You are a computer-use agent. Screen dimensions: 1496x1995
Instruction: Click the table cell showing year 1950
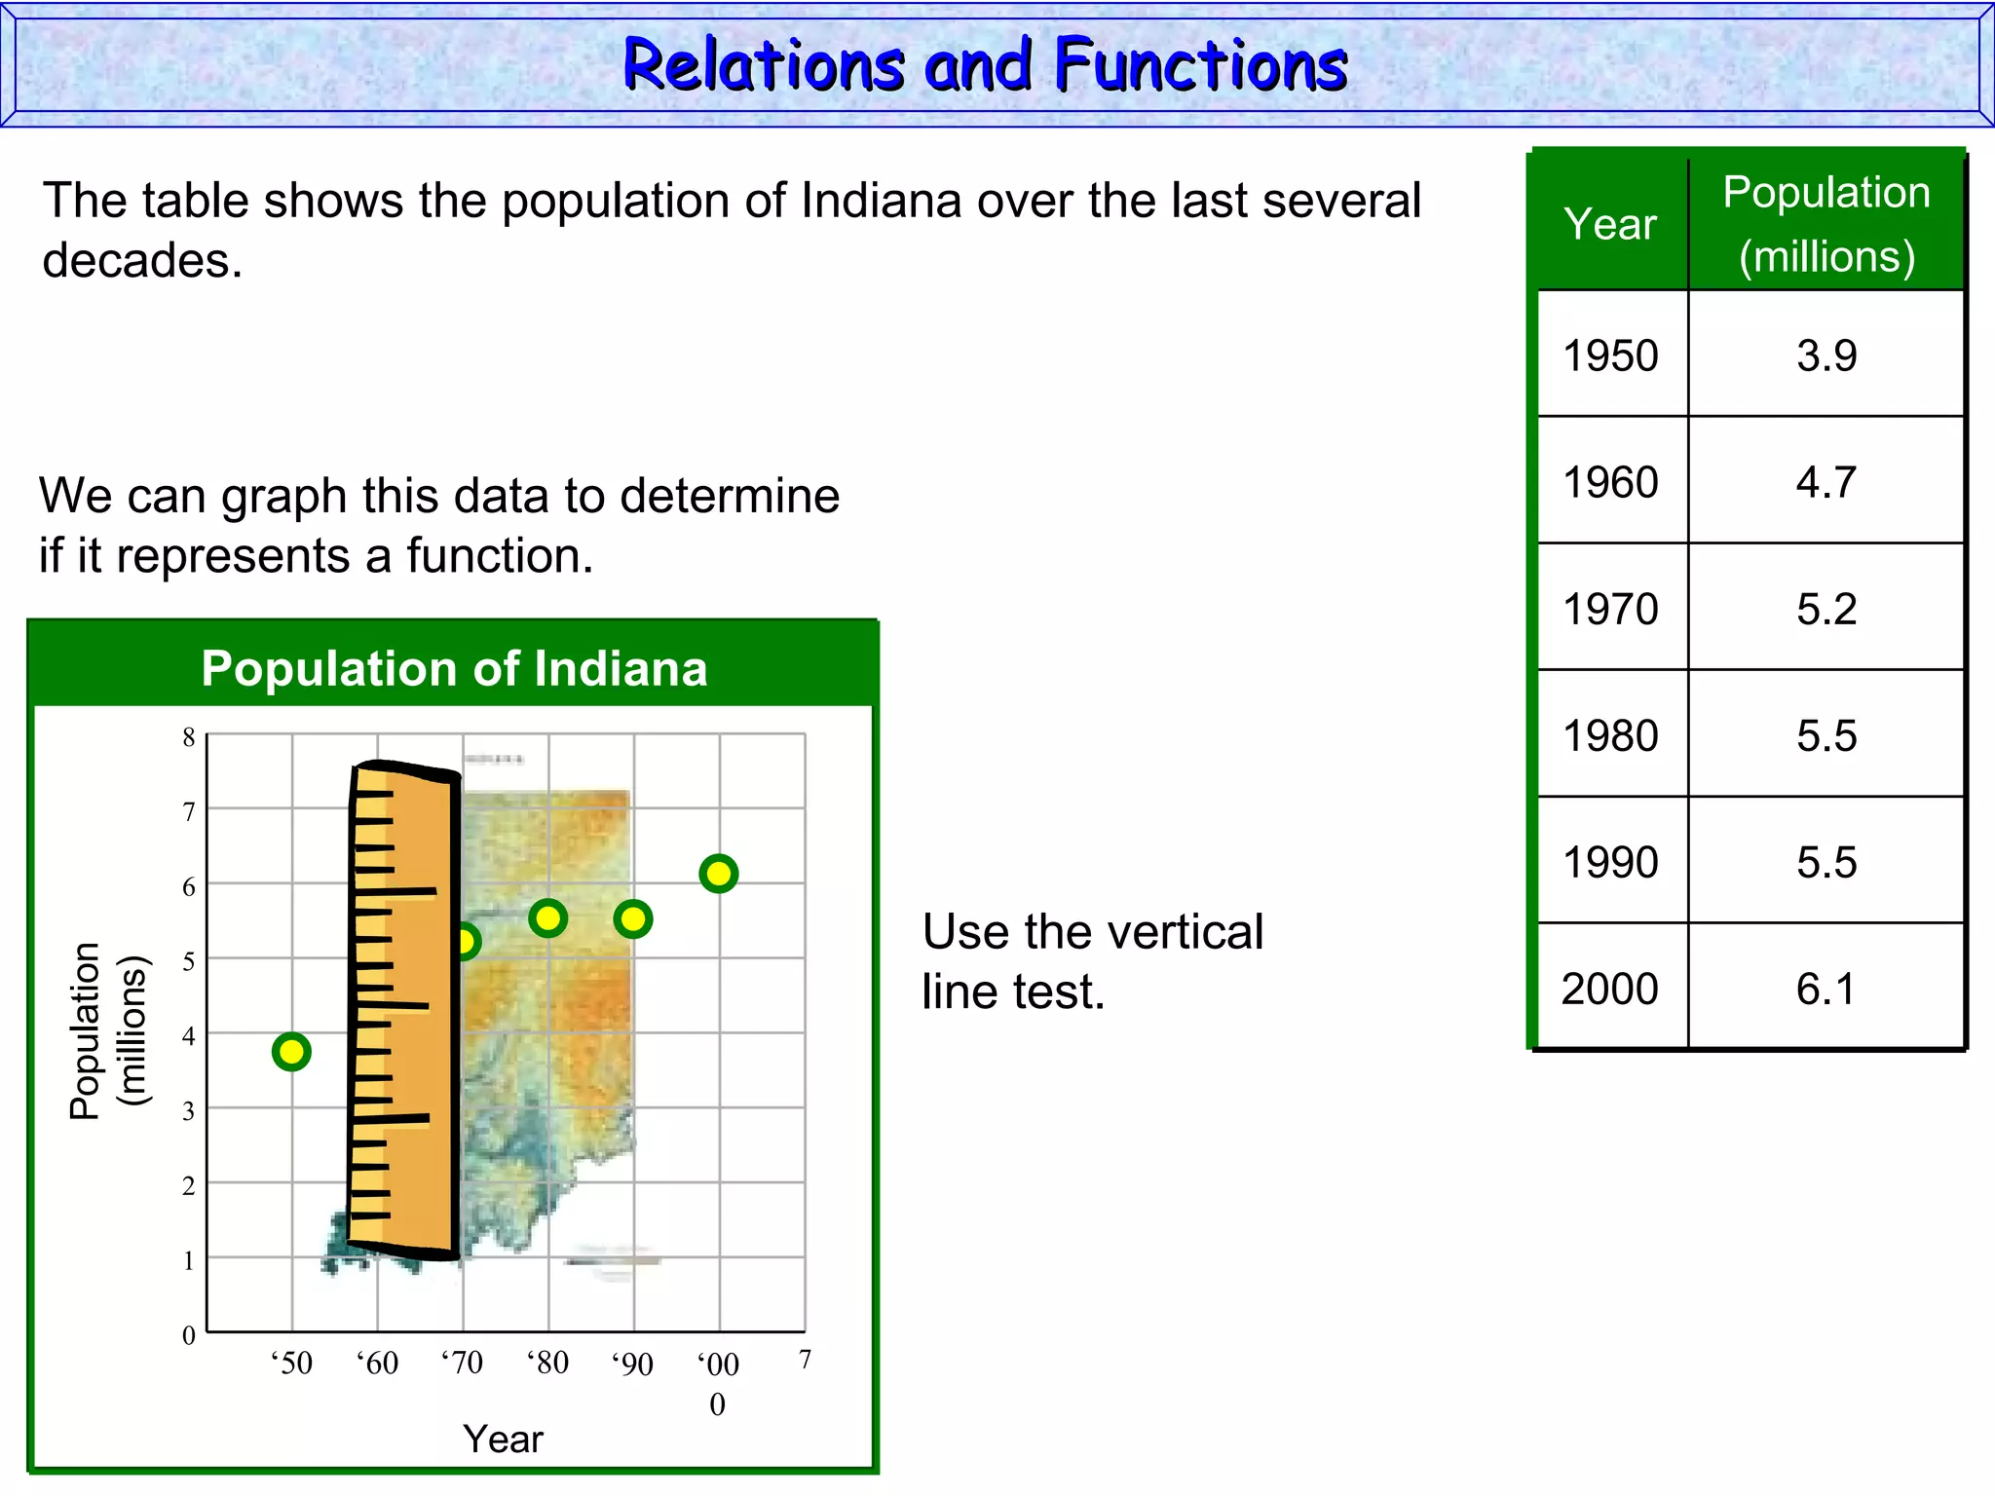(1610, 355)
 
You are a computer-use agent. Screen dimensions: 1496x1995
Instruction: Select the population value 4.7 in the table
(1826, 482)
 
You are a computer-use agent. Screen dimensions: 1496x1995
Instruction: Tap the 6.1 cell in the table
(1826, 989)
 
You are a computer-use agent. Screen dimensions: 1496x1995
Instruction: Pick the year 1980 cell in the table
(1610, 735)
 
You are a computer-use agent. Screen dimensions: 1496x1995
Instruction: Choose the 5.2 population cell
(1826, 609)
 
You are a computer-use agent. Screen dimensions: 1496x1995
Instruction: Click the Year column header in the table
(1610, 224)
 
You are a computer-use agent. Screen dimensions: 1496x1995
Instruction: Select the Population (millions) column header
(1826, 224)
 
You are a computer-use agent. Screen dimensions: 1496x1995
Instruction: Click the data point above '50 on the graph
(291, 1051)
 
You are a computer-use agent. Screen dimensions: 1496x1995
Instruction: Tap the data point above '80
(548, 917)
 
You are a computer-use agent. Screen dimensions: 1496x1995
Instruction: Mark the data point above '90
(633, 918)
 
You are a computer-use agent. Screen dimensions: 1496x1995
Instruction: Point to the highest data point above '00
(719, 874)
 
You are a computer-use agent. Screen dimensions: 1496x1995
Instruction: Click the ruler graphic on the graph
(403, 1008)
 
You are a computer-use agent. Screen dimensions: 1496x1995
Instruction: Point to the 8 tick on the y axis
(189, 737)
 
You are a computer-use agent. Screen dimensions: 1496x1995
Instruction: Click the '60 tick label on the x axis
(377, 1363)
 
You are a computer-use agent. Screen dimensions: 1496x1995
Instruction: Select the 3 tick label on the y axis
(189, 1110)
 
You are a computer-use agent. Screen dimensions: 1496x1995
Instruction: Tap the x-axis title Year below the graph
(503, 1439)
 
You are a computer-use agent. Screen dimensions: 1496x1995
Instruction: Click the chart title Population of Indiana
(454, 669)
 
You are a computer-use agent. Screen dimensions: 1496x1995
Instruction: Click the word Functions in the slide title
(1201, 65)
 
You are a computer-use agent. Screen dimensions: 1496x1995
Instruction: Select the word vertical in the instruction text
(1181, 931)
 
